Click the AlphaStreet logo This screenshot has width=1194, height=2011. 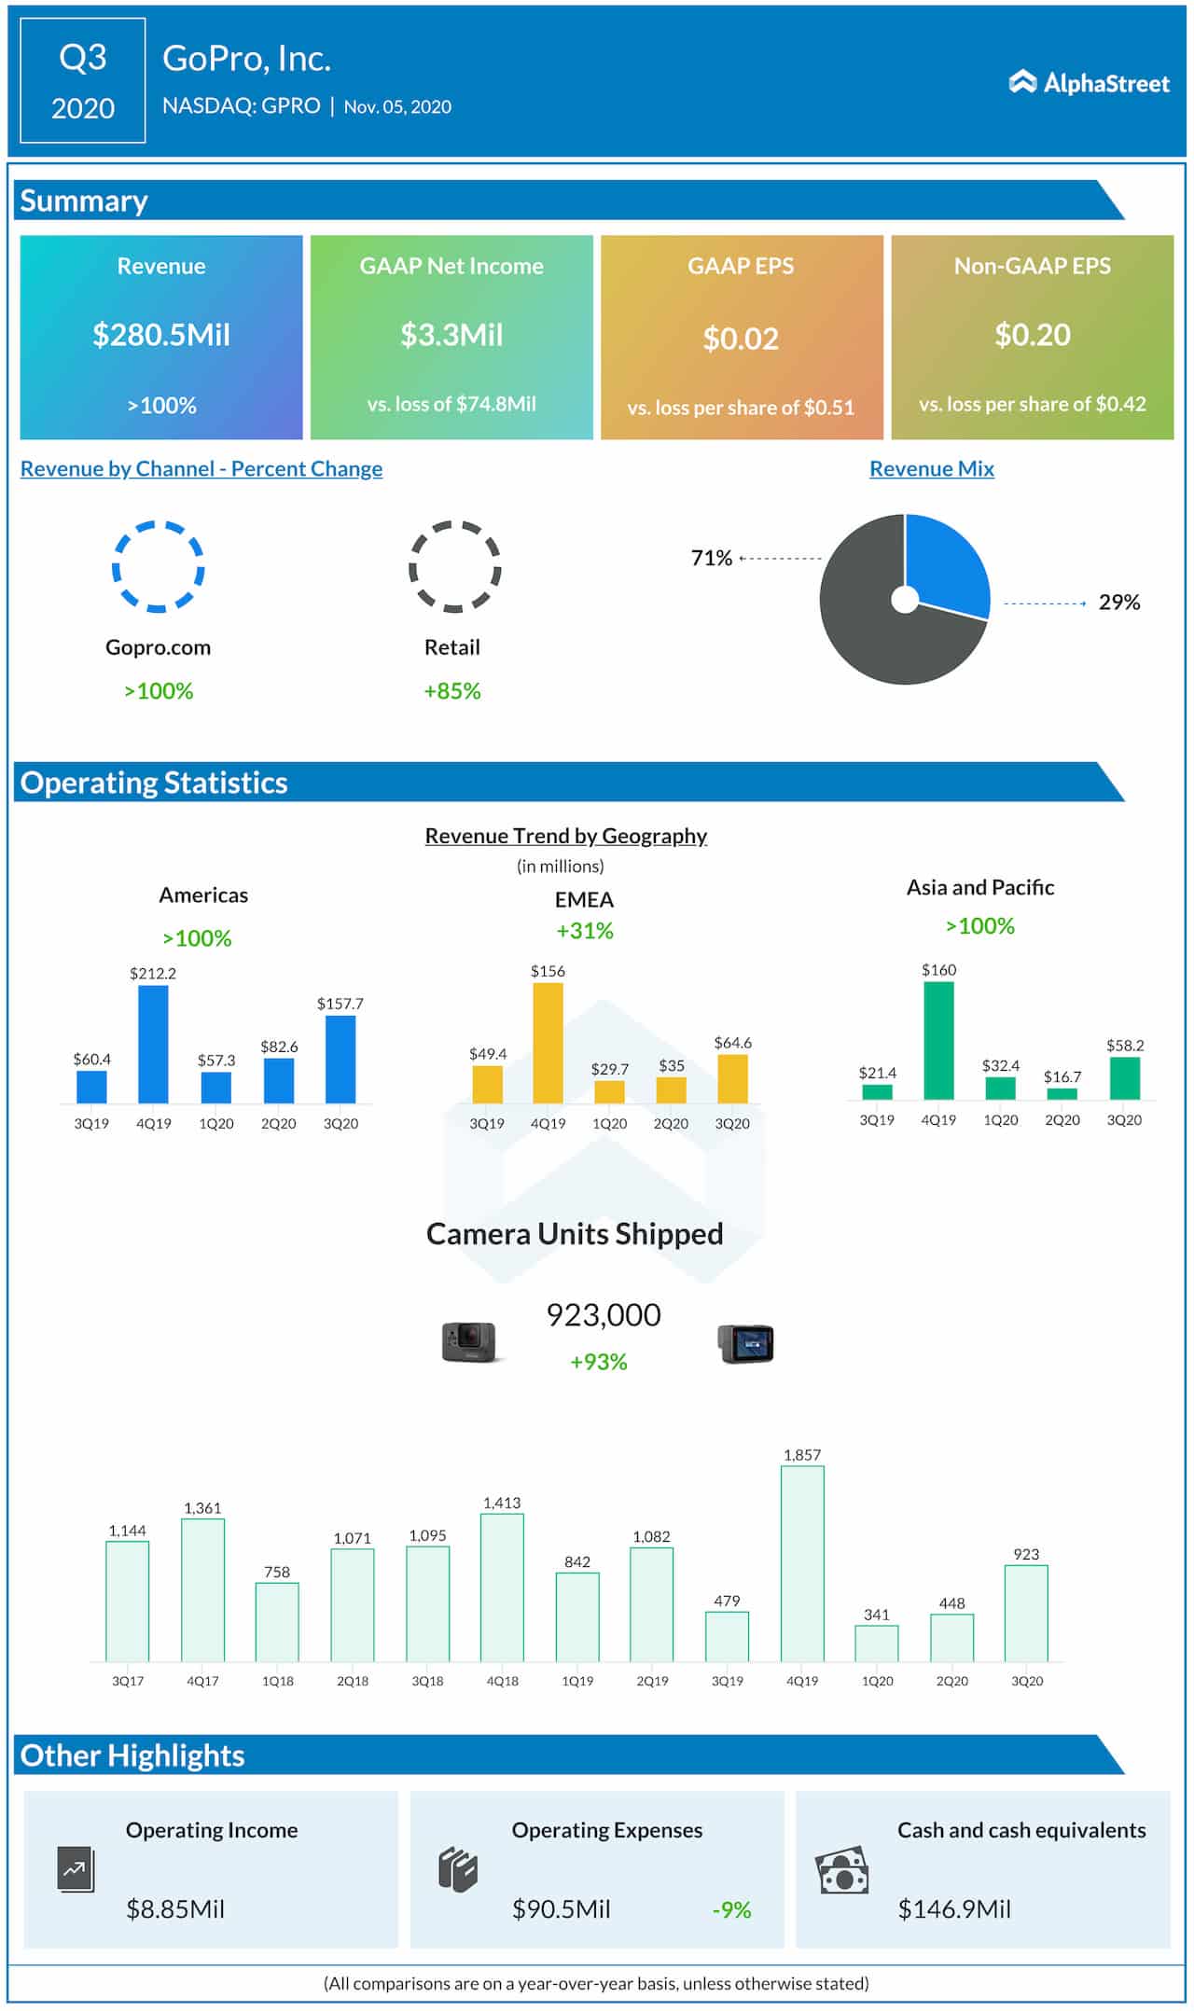(x=1089, y=83)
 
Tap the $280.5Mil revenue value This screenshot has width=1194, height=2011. (x=161, y=335)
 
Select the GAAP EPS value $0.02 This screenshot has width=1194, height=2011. (x=741, y=339)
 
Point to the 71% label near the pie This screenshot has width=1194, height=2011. (x=711, y=558)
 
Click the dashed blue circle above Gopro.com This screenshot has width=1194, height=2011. (x=159, y=566)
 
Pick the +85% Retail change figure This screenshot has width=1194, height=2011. (x=452, y=691)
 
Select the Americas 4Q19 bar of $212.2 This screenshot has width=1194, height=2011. (x=153, y=1045)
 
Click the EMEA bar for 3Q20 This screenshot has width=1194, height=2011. (x=732, y=1079)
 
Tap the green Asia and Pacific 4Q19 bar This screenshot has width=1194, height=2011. (x=938, y=1041)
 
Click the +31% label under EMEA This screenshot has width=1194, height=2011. (x=585, y=931)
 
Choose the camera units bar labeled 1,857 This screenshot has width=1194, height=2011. (x=802, y=1563)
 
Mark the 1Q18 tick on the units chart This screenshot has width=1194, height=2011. (x=278, y=1681)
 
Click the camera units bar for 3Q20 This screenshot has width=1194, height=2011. (x=1026, y=1613)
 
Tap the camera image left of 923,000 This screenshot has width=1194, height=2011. (x=469, y=1342)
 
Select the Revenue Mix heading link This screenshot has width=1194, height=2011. (x=931, y=469)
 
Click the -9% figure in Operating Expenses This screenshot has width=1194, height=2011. (x=731, y=1909)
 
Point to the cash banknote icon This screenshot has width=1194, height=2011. (x=841, y=1870)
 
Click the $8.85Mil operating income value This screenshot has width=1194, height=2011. (x=175, y=1909)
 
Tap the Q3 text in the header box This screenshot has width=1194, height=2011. (x=83, y=58)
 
